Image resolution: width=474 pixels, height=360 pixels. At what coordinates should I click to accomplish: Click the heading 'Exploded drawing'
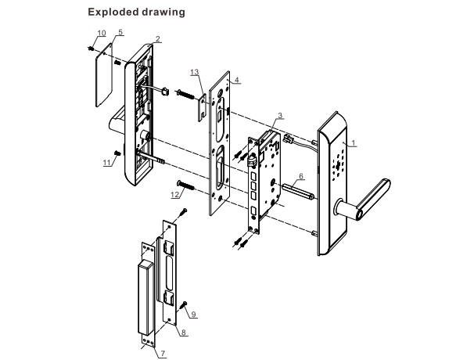click(x=136, y=12)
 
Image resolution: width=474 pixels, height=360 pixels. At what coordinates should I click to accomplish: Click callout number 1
click(x=354, y=143)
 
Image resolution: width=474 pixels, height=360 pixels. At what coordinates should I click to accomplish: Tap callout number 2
click(x=157, y=39)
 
